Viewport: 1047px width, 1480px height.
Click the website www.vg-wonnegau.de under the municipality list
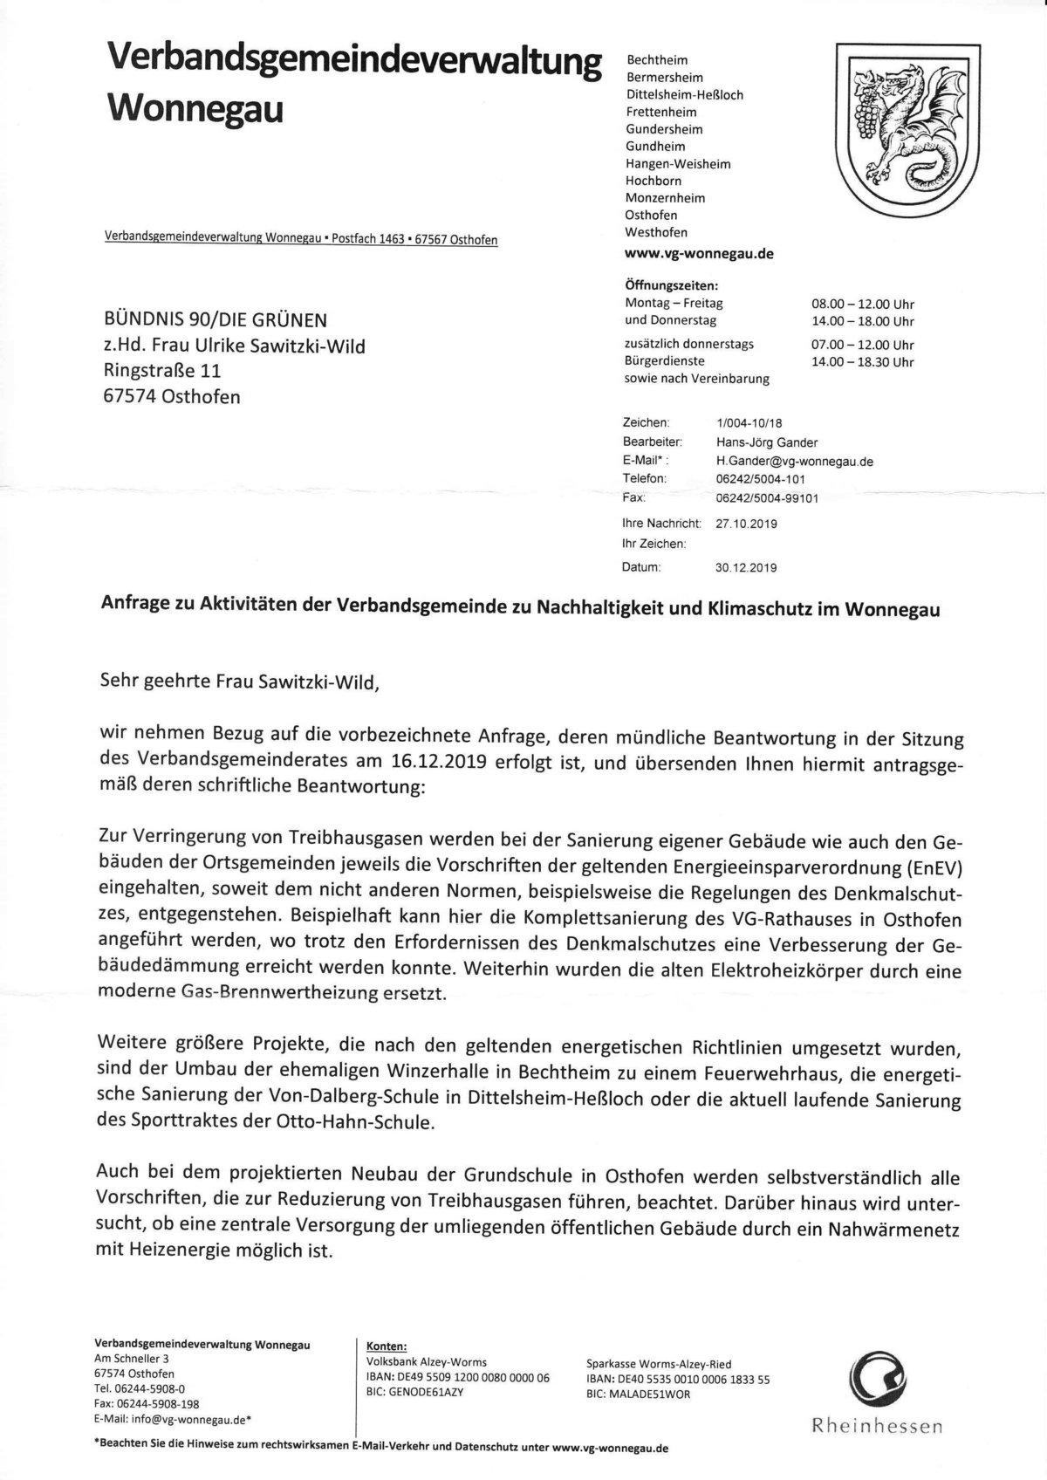pyautogui.click(x=699, y=254)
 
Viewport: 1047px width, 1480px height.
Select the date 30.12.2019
pyautogui.click(x=745, y=567)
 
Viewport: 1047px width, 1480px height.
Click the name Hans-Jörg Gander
pyautogui.click(x=766, y=442)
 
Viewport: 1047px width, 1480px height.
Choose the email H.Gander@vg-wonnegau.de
pyautogui.click(x=794, y=461)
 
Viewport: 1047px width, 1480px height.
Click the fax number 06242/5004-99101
pyautogui.click(x=766, y=498)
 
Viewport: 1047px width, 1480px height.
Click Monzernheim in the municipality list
pyautogui.click(x=665, y=198)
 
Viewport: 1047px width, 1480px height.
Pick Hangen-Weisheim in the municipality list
pyautogui.click(x=678, y=164)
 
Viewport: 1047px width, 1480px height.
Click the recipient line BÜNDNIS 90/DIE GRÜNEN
pyautogui.click(x=216, y=320)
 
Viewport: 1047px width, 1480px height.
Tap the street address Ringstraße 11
pyautogui.click(x=161, y=371)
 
